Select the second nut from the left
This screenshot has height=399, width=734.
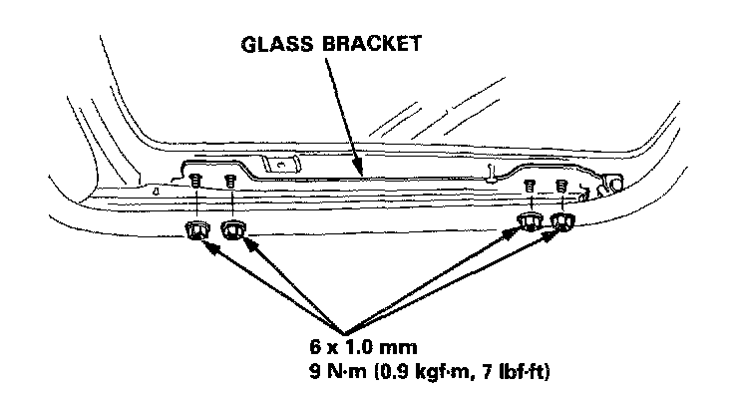[233, 231]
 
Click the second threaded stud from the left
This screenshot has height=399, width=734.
[230, 183]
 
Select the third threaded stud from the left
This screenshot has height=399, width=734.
[530, 187]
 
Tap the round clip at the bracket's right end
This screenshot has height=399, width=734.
[615, 183]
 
